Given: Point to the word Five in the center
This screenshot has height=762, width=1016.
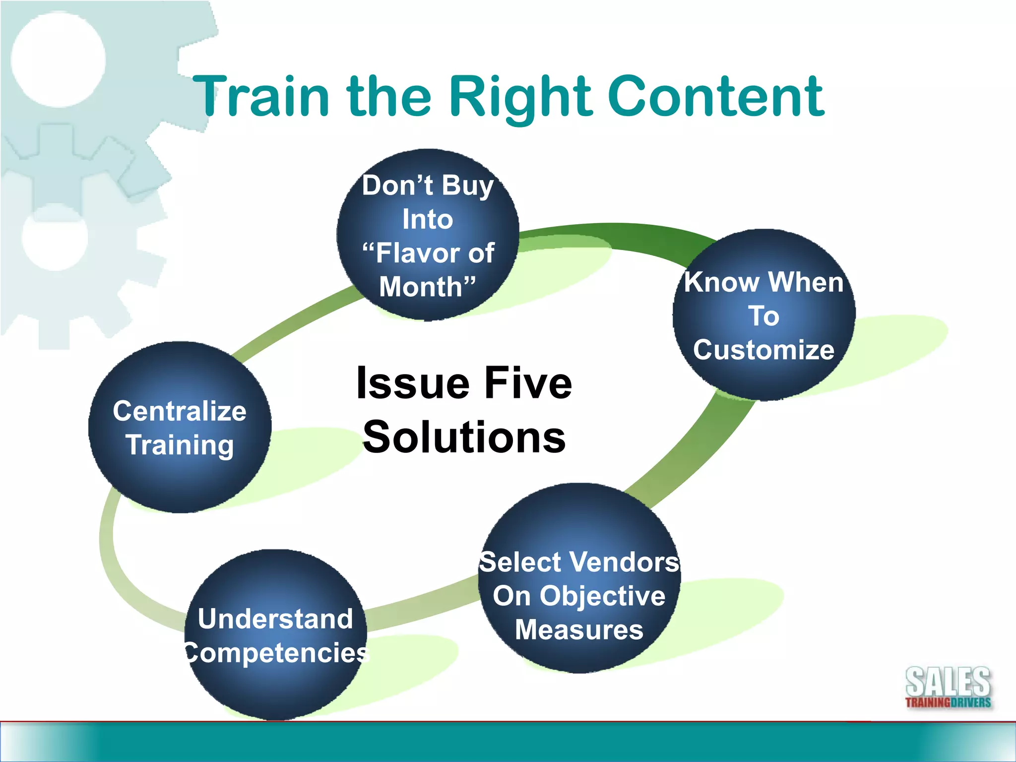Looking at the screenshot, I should point(528,383).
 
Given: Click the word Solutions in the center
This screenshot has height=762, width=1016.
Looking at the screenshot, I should point(464,437).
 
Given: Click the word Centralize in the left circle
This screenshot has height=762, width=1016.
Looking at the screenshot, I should point(180,411).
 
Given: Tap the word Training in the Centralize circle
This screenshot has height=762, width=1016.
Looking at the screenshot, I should point(180,445).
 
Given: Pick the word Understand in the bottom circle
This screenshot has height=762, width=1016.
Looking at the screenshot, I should point(275,619).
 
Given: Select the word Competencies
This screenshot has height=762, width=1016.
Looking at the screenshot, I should point(276,653).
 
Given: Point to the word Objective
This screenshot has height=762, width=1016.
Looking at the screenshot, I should point(602,596).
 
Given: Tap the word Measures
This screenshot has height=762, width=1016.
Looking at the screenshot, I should point(579,630).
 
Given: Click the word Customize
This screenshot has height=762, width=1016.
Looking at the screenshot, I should point(763,350).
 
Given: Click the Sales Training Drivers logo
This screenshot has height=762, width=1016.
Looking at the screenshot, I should point(948,688).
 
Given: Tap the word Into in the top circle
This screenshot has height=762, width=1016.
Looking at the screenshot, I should point(428,219).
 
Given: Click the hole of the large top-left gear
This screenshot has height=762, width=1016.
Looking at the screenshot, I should point(58,60).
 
